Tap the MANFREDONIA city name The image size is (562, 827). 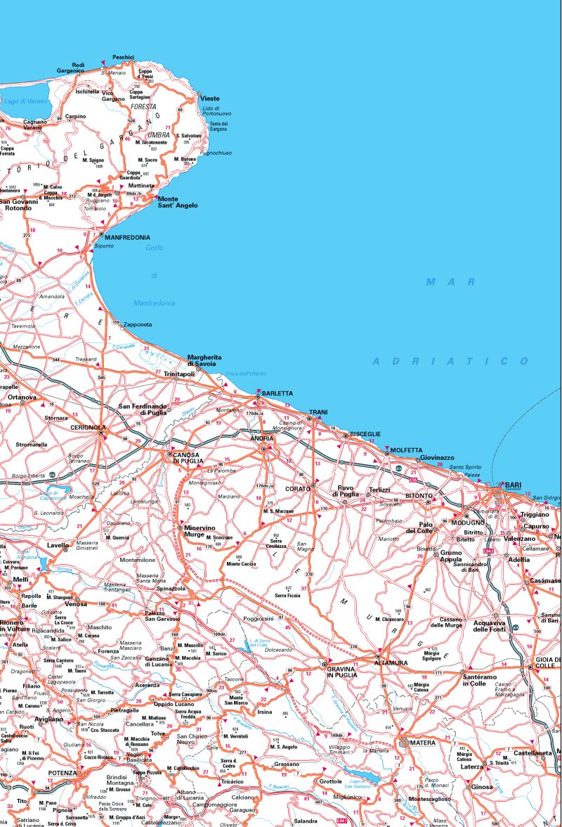[x=128, y=238]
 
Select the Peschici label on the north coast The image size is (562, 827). [x=123, y=57]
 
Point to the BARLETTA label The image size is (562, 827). [x=276, y=393]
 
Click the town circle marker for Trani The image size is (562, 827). [x=309, y=419]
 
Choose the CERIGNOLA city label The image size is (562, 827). [x=88, y=427]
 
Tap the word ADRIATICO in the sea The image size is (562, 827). [x=450, y=361]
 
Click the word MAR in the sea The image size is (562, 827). [x=442, y=281]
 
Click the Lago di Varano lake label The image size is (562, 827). [x=26, y=101]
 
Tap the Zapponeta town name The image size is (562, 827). [x=137, y=324]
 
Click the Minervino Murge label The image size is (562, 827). [x=200, y=531]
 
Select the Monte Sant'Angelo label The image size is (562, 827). [x=178, y=202]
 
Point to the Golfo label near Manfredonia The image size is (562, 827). [x=154, y=248]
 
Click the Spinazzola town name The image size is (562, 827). [x=169, y=588]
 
